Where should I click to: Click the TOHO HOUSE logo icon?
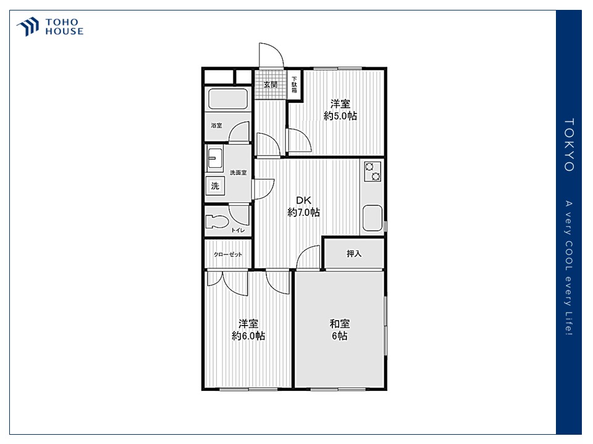(x=28, y=27)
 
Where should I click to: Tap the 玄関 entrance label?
(x=270, y=84)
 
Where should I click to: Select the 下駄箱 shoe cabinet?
(x=294, y=85)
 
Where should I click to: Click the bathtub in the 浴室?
(x=228, y=99)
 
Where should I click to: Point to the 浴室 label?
(x=216, y=125)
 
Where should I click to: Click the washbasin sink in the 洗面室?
(x=215, y=157)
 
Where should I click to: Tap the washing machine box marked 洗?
(x=215, y=186)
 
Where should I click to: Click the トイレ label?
(x=238, y=230)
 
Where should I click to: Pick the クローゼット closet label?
(x=228, y=255)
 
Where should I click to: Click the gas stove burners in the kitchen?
(x=372, y=171)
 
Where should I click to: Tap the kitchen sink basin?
(x=372, y=218)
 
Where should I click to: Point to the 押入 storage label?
(x=354, y=253)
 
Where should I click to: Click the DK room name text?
(x=303, y=200)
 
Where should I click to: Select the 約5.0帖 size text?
(x=340, y=115)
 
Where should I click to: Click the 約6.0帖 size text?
(x=248, y=335)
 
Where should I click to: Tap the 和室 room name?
(x=340, y=324)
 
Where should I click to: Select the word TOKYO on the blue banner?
(x=569, y=145)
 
